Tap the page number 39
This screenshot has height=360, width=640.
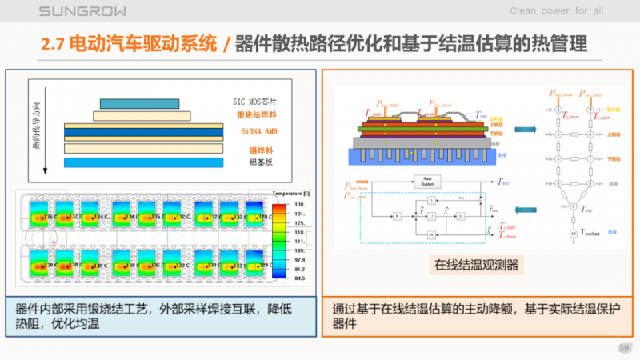click(624, 347)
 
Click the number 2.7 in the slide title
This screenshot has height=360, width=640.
click(54, 44)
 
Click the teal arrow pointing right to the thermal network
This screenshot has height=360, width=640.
click(523, 130)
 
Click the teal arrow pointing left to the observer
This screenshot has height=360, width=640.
click(523, 210)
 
